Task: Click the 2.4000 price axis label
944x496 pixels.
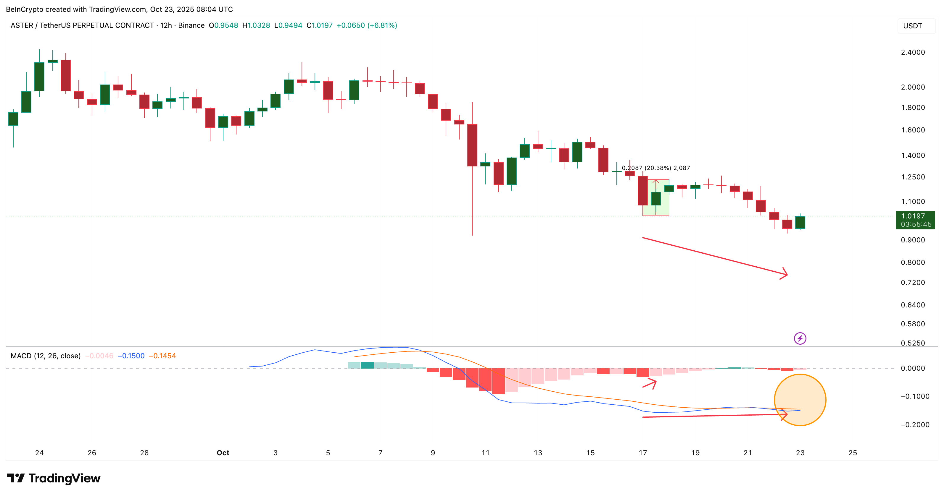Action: click(x=913, y=52)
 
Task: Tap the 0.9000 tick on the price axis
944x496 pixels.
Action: click(x=913, y=240)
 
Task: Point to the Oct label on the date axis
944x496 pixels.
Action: click(x=223, y=453)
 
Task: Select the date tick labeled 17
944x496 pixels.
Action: click(x=643, y=453)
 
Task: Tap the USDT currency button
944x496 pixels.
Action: click(x=913, y=26)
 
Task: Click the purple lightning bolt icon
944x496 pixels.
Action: click(x=800, y=338)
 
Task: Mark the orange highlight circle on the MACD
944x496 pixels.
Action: click(x=800, y=400)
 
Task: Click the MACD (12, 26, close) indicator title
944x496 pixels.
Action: click(x=46, y=356)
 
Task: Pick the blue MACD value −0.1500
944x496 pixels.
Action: click(x=131, y=356)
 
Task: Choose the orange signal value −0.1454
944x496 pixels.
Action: click(x=162, y=356)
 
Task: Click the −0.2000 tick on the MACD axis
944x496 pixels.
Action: click(x=915, y=425)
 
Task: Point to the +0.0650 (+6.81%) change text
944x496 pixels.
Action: click(x=366, y=25)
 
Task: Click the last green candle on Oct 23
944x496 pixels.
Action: click(x=800, y=222)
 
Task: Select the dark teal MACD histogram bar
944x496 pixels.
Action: click(x=367, y=365)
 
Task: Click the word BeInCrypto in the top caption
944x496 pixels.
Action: click(x=24, y=9)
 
